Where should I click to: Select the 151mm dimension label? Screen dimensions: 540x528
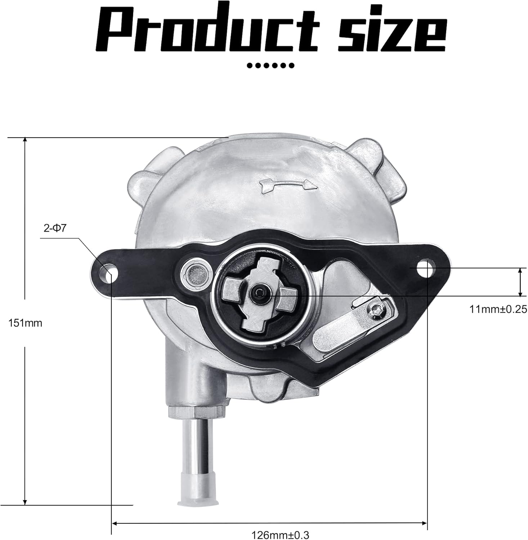click(25, 323)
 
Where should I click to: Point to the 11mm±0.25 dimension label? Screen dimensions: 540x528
click(498, 309)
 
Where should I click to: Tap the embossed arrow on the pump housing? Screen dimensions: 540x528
click(287, 184)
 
